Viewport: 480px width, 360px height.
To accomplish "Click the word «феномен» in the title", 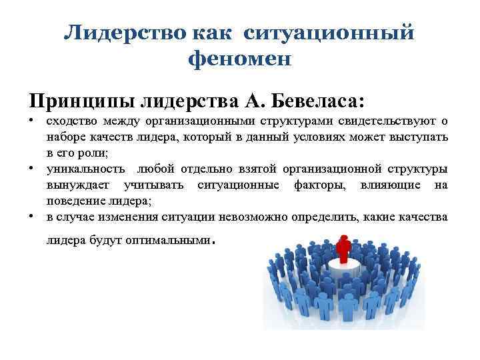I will pos(240,60).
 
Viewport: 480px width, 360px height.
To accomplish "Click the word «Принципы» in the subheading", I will pos(81,102).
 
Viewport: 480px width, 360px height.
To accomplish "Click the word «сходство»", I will pos(70,121).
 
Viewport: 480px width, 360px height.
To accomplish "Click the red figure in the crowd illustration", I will pos(344,249).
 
